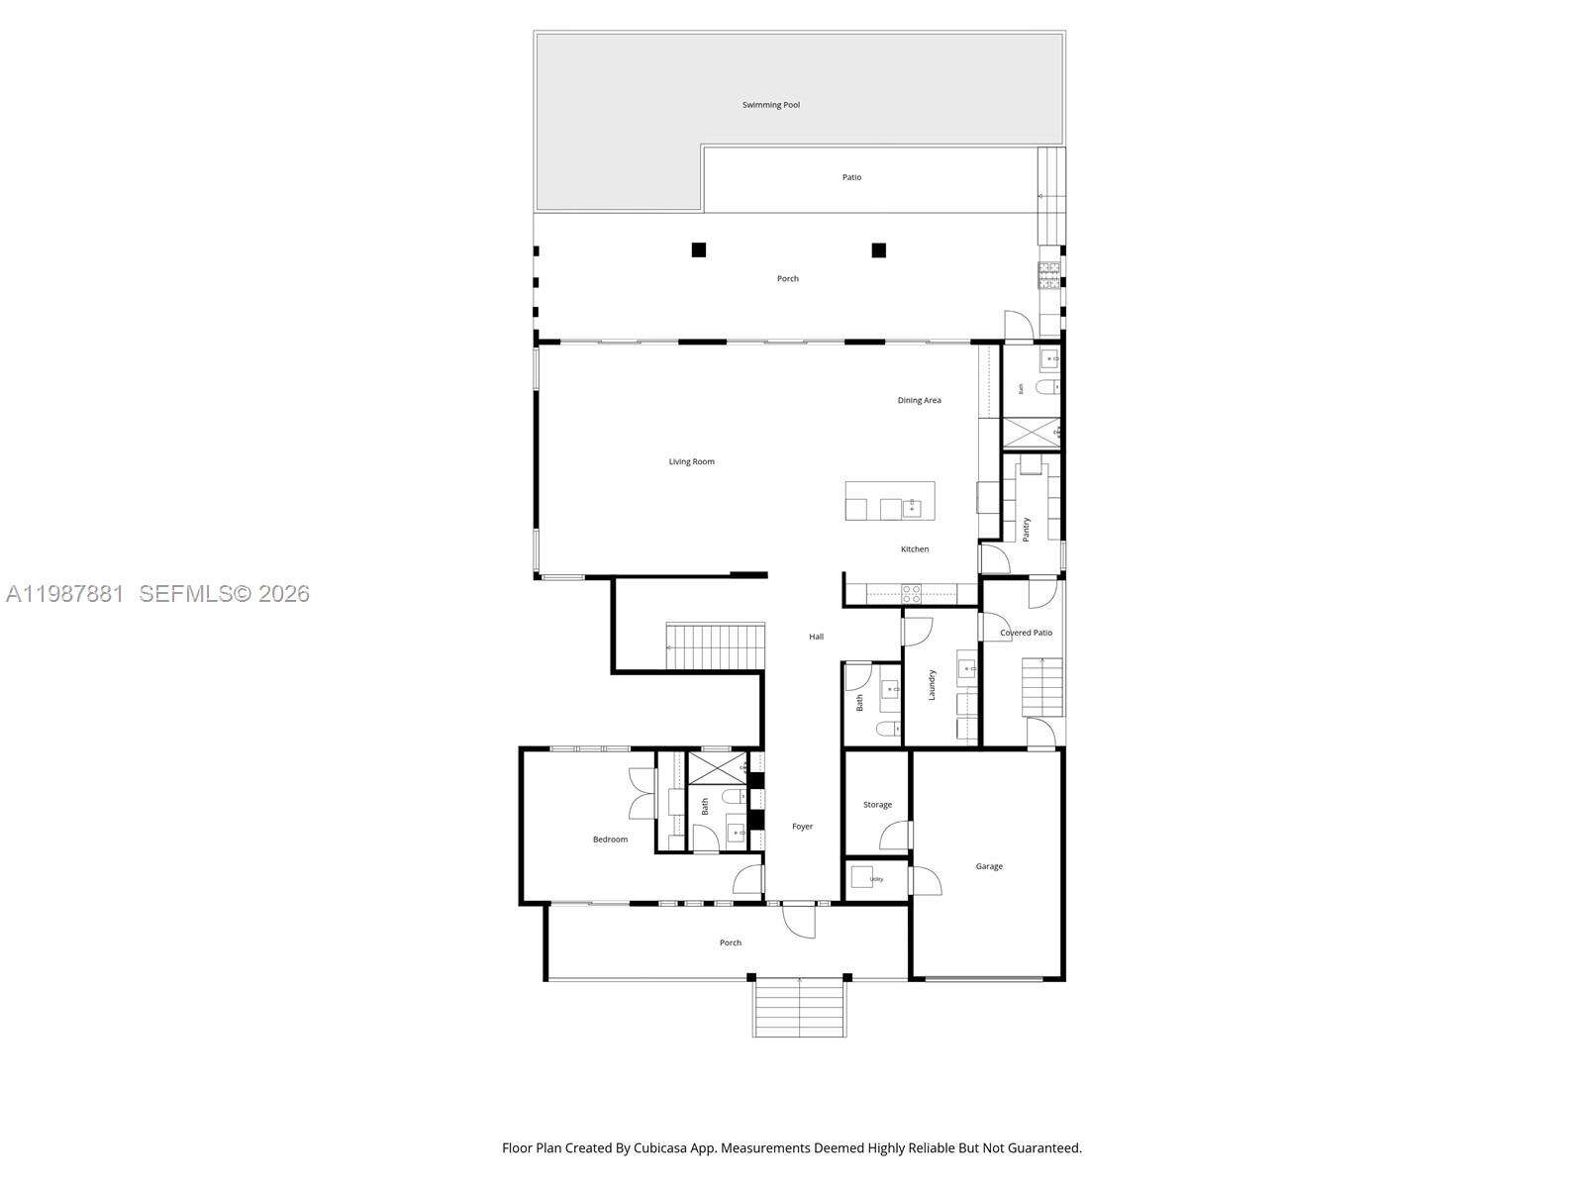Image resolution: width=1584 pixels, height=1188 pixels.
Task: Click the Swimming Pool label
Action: [771, 105]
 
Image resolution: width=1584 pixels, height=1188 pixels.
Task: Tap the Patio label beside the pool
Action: [851, 178]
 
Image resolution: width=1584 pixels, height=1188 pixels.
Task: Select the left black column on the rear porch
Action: [699, 250]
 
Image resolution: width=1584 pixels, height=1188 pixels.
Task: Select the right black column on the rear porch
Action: [878, 250]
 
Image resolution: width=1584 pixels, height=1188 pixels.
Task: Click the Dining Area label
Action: [919, 401]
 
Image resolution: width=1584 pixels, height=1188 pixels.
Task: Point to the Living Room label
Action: [691, 462]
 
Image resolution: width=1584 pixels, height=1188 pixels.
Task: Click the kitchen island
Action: [889, 501]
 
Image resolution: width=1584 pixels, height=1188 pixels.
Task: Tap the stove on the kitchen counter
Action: [911, 594]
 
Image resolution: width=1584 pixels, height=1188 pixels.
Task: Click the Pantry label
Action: [1027, 529]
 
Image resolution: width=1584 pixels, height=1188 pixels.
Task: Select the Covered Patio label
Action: [1026, 634]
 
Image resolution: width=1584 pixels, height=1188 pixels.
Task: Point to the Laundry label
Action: [932, 685]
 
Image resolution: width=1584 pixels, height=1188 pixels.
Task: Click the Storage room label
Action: [877, 805]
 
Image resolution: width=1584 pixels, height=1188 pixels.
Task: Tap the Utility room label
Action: [876, 879]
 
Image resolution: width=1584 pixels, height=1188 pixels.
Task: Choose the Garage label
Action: [989, 867]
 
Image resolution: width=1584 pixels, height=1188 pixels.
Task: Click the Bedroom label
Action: [610, 840]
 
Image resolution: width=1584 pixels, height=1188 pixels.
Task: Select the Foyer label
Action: [802, 827]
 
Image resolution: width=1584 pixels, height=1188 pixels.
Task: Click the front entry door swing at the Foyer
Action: [798, 921]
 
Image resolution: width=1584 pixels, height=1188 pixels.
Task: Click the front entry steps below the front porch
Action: [800, 1007]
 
